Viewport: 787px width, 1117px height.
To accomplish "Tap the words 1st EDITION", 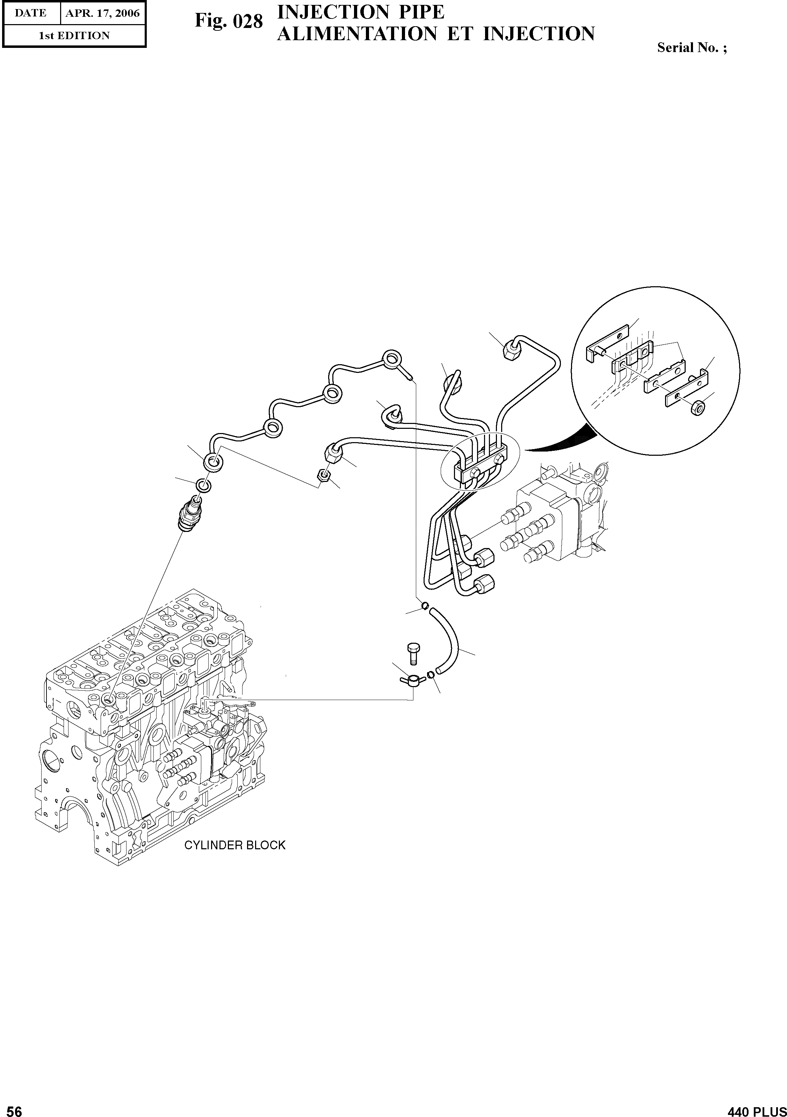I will tap(74, 36).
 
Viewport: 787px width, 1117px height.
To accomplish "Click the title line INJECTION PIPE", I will tap(360, 12).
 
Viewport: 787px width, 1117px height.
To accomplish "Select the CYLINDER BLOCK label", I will tap(234, 845).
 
